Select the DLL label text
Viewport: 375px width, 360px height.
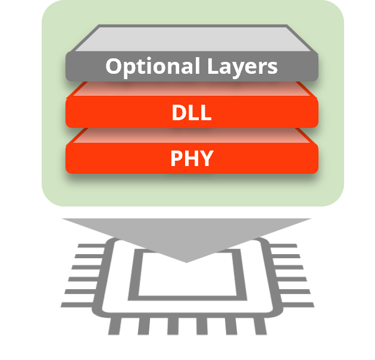pos(191,112)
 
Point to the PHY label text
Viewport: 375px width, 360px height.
pos(191,159)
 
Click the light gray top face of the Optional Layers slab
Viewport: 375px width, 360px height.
pos(191,39)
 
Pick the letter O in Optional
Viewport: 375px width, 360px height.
pos(114,66)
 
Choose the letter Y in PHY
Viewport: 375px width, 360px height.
pos(206,159)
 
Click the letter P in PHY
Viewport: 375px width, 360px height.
pos(177,159)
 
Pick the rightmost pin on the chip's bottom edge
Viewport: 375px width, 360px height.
pos(260,326)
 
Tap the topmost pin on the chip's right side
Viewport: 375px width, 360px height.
pos(286,246)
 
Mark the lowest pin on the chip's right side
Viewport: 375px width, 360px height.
pos(301,304)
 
